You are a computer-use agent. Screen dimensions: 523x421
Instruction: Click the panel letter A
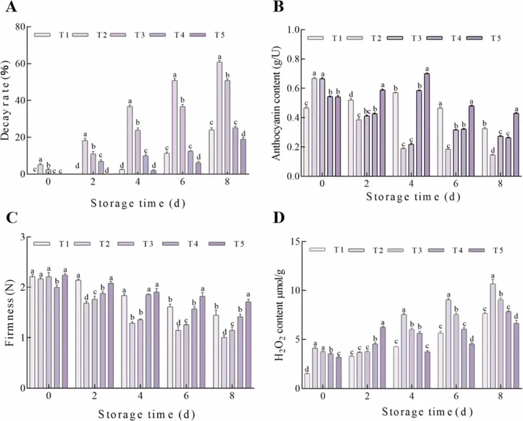(x=11, y=7)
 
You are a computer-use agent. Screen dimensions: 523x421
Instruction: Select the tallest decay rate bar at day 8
(x=219, y=118)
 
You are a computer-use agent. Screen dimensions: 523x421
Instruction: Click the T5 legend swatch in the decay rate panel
(x=198, y=35)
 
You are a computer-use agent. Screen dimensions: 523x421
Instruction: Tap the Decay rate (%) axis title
(x=7, y=100)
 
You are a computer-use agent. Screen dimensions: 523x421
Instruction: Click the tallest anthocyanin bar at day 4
(x=427, y=125)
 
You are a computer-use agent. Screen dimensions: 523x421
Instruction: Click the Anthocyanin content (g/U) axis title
(x=277, y=103)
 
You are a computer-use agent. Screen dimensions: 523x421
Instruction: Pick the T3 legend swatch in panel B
(x=395, y=38)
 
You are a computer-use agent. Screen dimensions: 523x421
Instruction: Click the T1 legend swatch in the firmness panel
(x=42, y=244)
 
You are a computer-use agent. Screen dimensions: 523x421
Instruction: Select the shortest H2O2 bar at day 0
(x=307, y=381)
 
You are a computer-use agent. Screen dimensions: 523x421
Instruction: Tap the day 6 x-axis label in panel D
(x=456, y=396)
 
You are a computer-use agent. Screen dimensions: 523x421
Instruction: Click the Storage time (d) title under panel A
(x=138, y=203)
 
